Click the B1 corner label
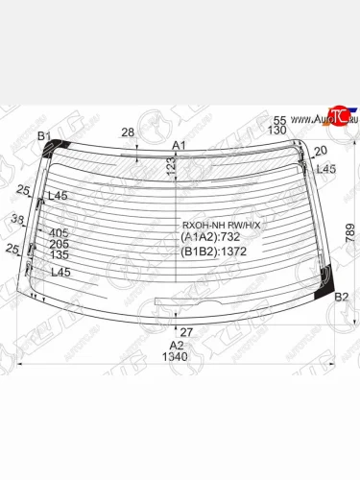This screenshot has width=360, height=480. [43, 136]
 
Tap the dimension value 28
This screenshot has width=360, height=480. [128, 132]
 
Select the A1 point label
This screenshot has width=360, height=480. [178, 145]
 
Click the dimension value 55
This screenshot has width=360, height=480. [279, 118]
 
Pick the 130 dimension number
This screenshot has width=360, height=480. [278, 130]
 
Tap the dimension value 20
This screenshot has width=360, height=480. [320, 151]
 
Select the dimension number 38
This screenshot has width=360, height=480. [17, 220]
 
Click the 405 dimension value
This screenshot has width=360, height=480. [59, 232]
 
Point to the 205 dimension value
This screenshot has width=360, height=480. [59, 244]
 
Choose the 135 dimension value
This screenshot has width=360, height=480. [59, 255]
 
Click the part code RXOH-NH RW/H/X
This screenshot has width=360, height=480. [221, 226]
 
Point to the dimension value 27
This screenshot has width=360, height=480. [186, 332]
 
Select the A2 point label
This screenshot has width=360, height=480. [176, 346]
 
